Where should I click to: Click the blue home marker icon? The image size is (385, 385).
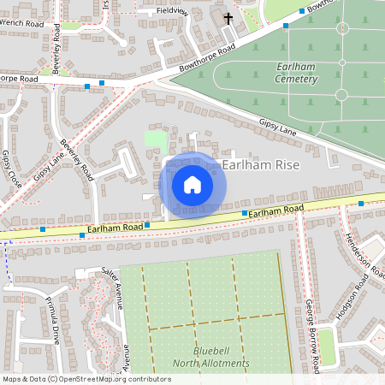click(x=192, y=185)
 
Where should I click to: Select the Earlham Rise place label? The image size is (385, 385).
click(x=260, y=164)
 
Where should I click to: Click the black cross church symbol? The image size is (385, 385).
click(x=228, y=18)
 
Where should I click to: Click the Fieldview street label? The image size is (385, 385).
click(x=171, y=10)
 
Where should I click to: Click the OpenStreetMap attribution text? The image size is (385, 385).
click(x=86, y=379)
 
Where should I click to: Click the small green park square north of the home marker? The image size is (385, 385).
click(x=156, y=139)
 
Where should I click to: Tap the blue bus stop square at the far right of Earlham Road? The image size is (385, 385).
click(x=361, y=204)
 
